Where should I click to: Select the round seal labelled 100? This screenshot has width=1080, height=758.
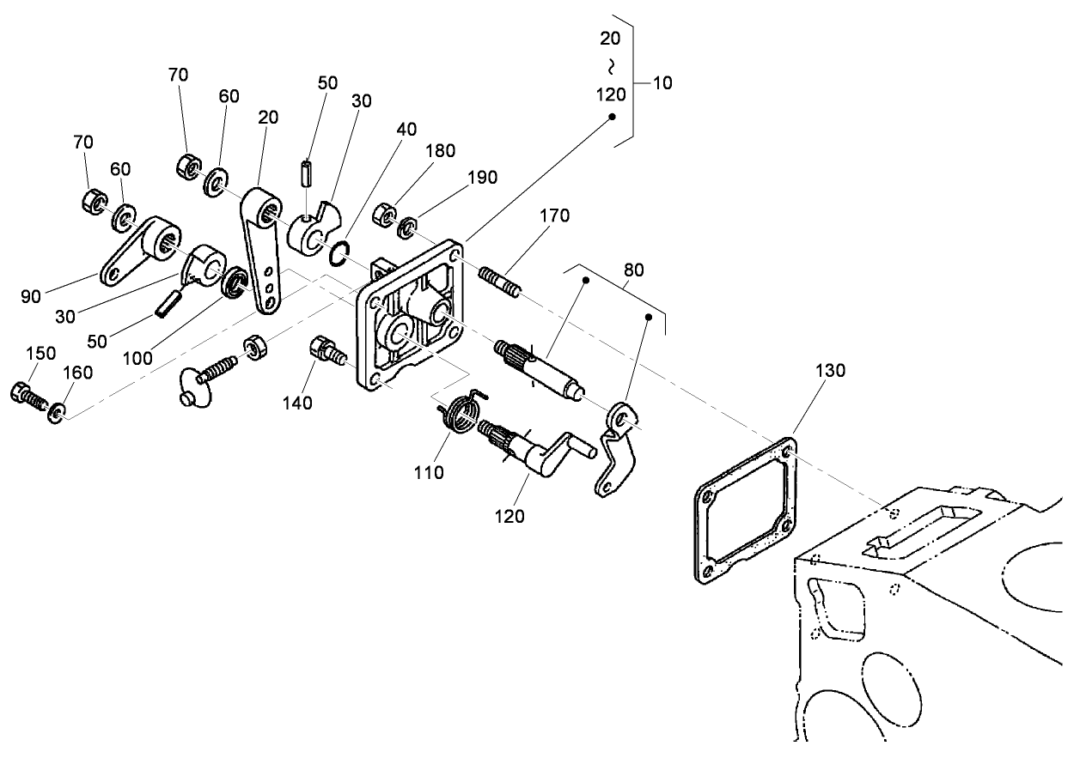click(234, 283)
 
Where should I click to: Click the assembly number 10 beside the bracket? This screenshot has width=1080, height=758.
click(662, 83)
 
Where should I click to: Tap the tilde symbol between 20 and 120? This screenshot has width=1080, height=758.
click(612, 65)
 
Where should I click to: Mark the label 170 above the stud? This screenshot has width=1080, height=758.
click(554, 216)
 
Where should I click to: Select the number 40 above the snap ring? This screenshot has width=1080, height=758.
click(407, 130)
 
